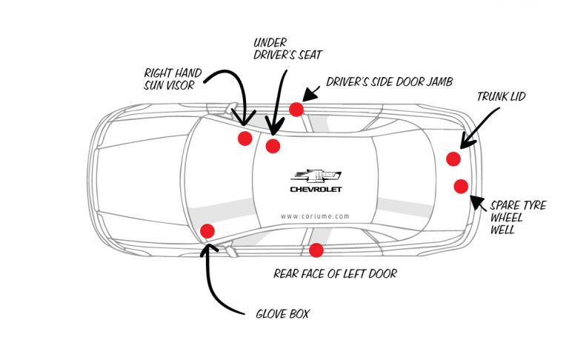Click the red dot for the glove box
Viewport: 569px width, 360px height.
[207, 231]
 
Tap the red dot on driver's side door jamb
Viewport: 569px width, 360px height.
[296, 110]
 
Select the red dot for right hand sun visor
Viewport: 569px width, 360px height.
[244, 139]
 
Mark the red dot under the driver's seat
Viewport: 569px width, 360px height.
[273, 146]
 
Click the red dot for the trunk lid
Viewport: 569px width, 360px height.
[453, 159]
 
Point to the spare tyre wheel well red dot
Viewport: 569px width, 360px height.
[461, 185]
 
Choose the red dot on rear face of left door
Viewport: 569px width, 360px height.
[316, 250]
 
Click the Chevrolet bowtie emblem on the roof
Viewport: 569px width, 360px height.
[316, 176]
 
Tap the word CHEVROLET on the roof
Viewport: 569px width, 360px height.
[316, 190]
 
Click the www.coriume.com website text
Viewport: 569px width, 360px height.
[316, 216]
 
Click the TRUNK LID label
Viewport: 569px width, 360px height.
[501, 96]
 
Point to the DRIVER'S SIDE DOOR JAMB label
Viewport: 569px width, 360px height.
[389, 81]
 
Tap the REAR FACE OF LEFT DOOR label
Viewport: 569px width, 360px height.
[335, 273]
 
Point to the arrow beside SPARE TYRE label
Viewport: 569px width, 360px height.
[479, 202]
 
